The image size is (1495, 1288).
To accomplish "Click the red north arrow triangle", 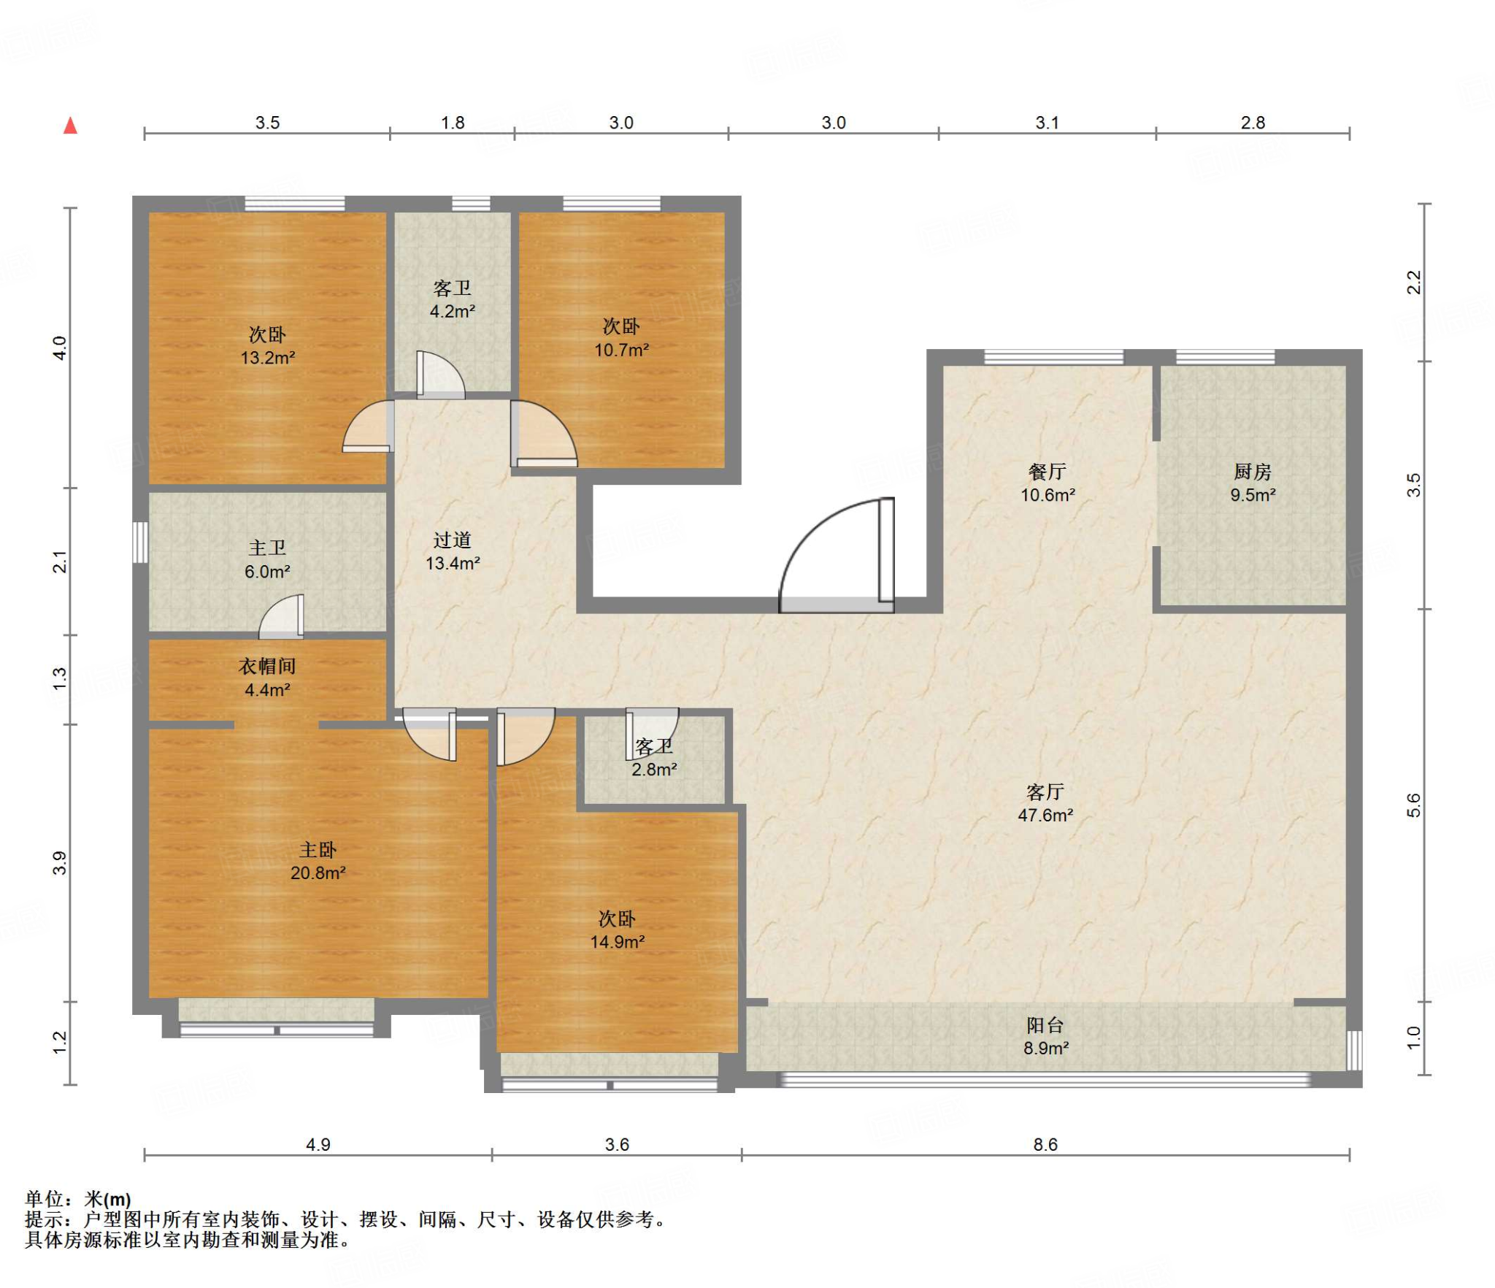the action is click(x=70, y=126).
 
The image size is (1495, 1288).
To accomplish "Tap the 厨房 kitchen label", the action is click(x=1253, y=472).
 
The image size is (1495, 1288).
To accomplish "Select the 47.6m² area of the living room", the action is click(x=1045, y=815).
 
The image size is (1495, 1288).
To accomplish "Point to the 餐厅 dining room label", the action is click(x=1048, y=472).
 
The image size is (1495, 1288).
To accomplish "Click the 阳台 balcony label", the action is click(x=1045, y=1025).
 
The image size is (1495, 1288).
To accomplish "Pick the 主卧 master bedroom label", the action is click(x=318, y=850).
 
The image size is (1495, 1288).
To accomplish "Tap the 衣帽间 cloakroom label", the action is click(x=267, y=666).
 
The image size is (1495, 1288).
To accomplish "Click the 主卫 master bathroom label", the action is click(x=267, y=548).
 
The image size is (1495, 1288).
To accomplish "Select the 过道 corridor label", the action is click(x=453, y=540).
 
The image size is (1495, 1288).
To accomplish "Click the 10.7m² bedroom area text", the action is click(x=621, y=350).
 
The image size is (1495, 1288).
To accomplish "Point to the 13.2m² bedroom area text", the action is click(x=268, y=358).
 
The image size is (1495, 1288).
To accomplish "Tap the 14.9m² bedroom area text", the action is click(x=618, y=942).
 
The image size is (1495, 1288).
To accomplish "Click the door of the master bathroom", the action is click(x=281, y=617).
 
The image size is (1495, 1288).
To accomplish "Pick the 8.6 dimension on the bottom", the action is click(x=1045, y=1144).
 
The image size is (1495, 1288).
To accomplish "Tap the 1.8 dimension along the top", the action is click(x=453, y=123).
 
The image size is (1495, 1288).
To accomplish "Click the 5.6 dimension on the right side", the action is click(x=1414, y=805).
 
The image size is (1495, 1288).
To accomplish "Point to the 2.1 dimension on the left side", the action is click(x=60, y=561).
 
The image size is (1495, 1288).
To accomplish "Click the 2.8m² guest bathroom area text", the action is click(x=654, y=770).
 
